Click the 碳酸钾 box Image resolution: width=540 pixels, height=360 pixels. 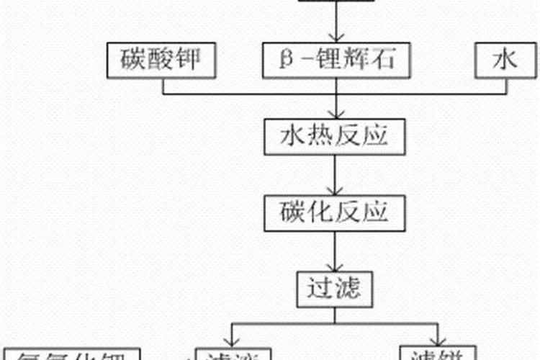162,60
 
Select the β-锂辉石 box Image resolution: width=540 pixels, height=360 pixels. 336,60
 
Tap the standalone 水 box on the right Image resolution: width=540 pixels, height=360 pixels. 505,60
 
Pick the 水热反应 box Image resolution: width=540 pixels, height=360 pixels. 336,135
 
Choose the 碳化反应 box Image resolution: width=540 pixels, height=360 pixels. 336,212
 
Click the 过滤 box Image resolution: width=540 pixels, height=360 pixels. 336,289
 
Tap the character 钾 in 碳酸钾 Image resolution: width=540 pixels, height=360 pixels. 198,60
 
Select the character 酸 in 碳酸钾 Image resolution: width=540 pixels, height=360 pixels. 163,60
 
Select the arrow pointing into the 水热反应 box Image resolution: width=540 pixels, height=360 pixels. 336,112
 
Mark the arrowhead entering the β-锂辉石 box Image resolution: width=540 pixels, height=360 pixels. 336,37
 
